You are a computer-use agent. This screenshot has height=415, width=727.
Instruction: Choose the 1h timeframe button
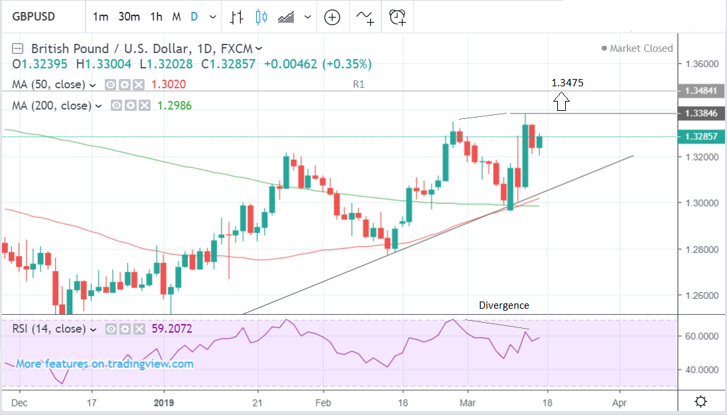pyautogui.click(x=157, y=17)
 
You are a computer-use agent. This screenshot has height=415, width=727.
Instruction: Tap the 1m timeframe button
pyautogui.click(x=100, y=17)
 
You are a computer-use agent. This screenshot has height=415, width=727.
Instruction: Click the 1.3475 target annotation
pyautogui.click(x=567, y=82)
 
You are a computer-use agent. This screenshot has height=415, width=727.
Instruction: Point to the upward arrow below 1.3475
pyautogui.click(x=562, y=102)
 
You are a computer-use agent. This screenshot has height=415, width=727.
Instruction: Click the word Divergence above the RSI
pyautogui.click(x=504, y=305)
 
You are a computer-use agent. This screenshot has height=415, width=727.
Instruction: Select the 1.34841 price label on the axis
pyautogui.click(x=702, y=90)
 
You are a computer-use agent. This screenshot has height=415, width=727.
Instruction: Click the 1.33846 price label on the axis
pyautogui.click(x=702, y=114)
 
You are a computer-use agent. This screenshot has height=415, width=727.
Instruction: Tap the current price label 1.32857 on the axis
pyautogui.click(x=702, y=136)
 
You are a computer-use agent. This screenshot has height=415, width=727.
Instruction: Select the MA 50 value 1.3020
pyautogui.click(x=170, y=84)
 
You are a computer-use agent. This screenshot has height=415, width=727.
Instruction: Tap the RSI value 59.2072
pyautogui.click(x=173, y=328)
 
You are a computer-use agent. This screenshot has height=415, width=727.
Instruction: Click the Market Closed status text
pyautogui.click(x=641, y=48)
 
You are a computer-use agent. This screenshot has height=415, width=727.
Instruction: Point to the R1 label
pyautogui.click(x=359, y=84)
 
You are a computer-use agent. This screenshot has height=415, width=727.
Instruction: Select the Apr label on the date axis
pyautogui.click(x=620, y=402)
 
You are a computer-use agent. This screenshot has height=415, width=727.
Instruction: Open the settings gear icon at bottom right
pyautogui.click(x=700, y=402)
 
